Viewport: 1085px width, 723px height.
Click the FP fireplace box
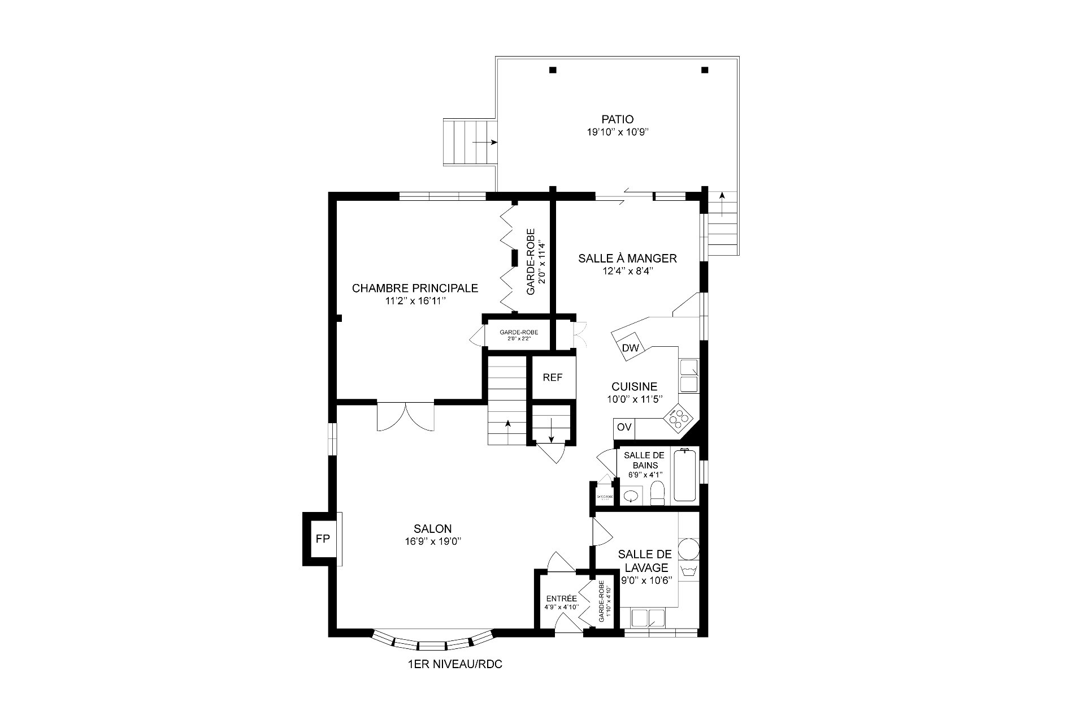[322, 539]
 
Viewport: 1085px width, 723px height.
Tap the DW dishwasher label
[630, 348]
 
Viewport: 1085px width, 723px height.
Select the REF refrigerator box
[553, 377]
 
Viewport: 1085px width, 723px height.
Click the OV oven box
[624, 427]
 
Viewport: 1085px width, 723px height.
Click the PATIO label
[617, 119]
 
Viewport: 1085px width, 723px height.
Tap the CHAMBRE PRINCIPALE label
[415, 289]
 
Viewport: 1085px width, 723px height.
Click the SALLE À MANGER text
[627, 259]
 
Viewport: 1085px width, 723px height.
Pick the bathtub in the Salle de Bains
[685, 475]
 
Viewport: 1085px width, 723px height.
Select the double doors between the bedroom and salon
[405, 417]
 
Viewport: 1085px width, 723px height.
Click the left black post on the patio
[553, 70]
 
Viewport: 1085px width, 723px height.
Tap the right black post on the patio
[704, 70]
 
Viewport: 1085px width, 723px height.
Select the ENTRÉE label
[561, 599]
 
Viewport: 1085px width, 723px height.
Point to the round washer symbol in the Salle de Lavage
[688, 549]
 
